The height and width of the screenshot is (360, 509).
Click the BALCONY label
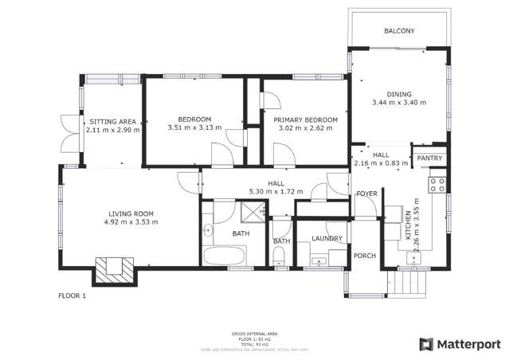tap(399, 31)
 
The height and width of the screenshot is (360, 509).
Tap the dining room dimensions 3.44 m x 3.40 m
tap(399, 103)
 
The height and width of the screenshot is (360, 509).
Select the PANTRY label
tap(429, 158)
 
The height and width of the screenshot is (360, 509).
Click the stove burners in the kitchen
tap(437, 186)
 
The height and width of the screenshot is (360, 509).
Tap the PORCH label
tap(365, 256)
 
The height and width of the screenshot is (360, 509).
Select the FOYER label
tap(366, 194)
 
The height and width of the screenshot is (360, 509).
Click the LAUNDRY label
tap(327, 238)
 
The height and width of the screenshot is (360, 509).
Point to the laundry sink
tap(321, 259)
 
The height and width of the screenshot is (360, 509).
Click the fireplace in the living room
tap(112, 268)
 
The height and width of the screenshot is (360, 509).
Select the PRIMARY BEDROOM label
tap(305, 120)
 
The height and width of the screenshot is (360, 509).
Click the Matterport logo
tap(460, 344)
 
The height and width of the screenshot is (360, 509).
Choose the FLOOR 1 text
tap(72, 295)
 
